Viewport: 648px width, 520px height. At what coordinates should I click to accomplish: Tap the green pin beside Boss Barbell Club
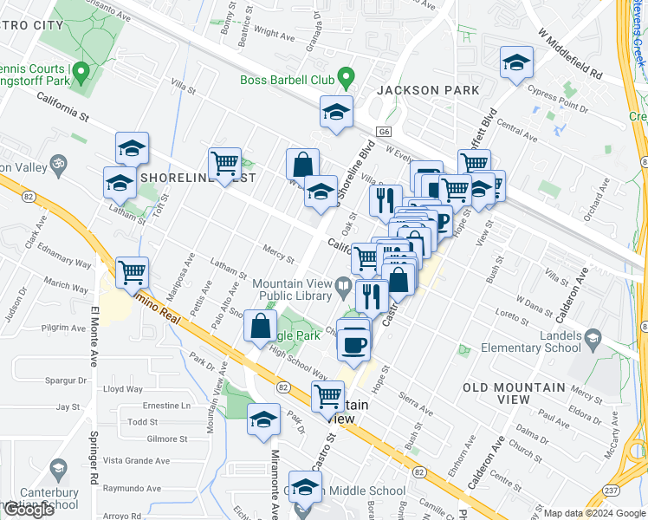347,78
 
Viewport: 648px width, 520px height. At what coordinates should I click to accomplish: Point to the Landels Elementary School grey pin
593,336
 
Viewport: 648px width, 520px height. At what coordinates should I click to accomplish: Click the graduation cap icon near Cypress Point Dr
516,63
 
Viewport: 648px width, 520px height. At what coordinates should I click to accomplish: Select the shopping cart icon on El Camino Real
132,273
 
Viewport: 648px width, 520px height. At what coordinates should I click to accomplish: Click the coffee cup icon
353,344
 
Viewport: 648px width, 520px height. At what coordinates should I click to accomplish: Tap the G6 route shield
384,132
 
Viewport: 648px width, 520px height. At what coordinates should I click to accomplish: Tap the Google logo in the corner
28,510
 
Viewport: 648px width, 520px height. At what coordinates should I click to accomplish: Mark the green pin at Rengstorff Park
82,72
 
